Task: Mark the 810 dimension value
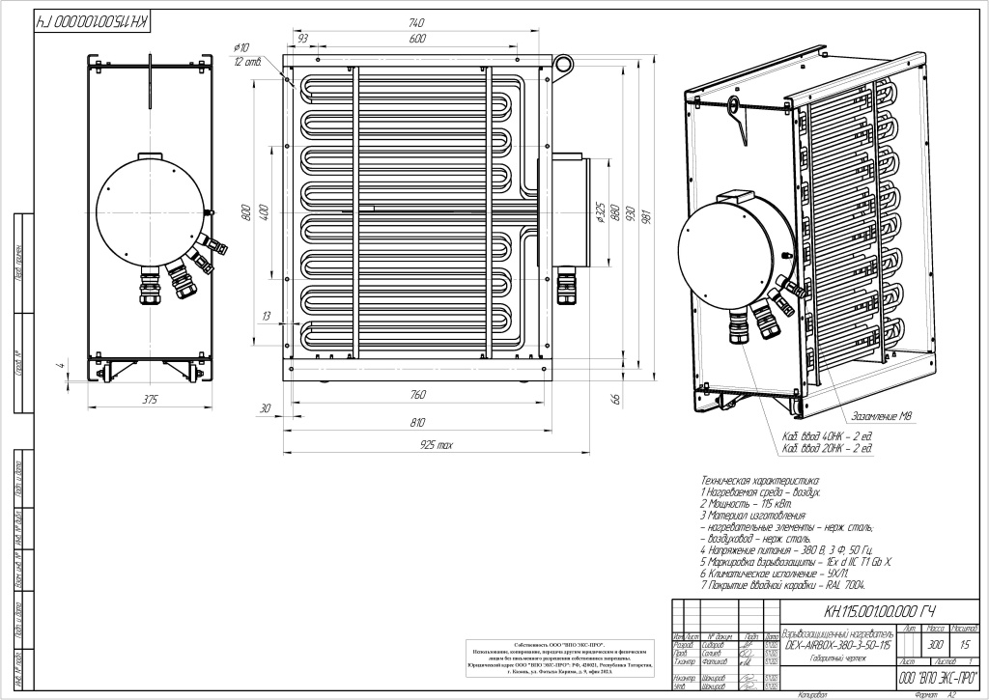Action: (x=417, y=422)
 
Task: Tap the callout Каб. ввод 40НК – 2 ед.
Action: (x=828, y=436)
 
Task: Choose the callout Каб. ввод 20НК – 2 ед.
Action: (x=828, y=449)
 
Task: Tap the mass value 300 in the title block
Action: (x=907, y=644)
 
